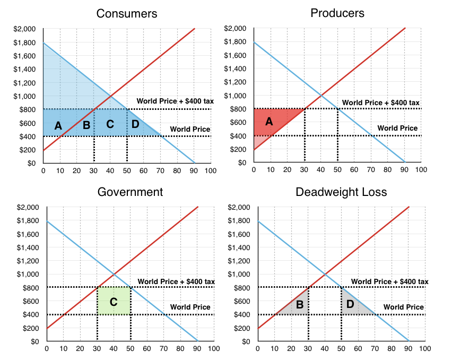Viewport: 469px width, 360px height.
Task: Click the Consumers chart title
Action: (x=127, y=14)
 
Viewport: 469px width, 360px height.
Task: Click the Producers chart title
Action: (x=337, y=13)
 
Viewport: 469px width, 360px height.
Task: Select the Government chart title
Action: (x=130, y=192)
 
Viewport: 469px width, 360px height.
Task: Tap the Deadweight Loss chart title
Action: (x=342, y=192)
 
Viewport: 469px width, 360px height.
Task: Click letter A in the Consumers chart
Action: (x=58, y=126)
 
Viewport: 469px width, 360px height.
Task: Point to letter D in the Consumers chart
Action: (x=135, y=124)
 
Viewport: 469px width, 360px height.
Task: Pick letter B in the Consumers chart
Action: (x=86, y=126)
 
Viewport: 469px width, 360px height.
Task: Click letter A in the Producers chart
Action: (x=269, y=122)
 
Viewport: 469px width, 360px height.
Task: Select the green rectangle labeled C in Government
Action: (x=114, y=302)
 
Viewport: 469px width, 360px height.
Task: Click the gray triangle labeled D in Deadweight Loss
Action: (x=350, y=304)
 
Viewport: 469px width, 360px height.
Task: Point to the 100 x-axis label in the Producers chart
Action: (x=421, y=170)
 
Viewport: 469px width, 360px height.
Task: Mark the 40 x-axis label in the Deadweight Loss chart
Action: (x=324, y=349)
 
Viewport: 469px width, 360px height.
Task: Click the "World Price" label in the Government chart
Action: (x=190, y=307)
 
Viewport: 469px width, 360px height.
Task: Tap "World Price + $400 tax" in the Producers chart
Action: (x=380, y=102)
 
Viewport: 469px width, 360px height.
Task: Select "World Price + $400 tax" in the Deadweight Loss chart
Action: (x=389, y=281)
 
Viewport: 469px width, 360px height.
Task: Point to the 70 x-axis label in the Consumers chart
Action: (x=160, y=170)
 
